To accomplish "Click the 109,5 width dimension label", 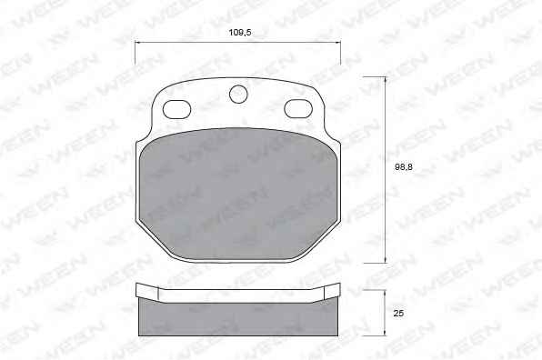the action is (x=240, y=33).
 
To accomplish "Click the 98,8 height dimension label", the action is (x=404, y=167).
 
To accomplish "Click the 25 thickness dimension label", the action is (x=398, y=314).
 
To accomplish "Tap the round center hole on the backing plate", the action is (x=238, y=94).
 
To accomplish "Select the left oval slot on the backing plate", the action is (x=176, y=109).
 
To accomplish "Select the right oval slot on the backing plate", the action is (x=298, y=108).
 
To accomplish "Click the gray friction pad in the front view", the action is (x=238, y=195).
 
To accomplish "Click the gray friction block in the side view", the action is (x=238, y=318).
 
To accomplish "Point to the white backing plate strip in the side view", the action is (x=238, y=295).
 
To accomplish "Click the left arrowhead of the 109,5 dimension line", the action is (x=137, y=43).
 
